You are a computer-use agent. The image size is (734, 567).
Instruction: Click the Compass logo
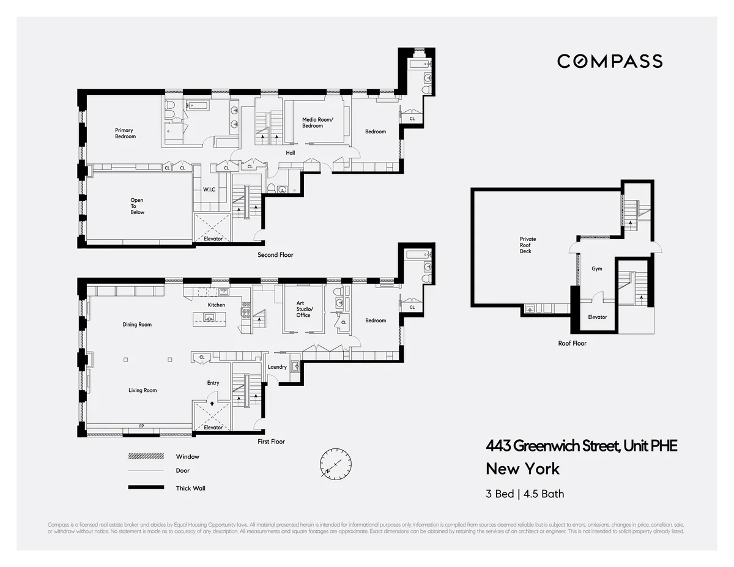pos(609,61)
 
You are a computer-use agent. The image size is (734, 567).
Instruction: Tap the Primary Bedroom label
pos(125,133)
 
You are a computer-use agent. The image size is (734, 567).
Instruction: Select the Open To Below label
pos(137,206)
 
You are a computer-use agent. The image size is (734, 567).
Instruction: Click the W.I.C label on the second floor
pos(209,190)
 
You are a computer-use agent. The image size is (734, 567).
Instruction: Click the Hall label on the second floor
pos(290,153)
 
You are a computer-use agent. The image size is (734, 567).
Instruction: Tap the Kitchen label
pos(216,305)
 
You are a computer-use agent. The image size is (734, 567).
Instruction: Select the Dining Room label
pos(137,325)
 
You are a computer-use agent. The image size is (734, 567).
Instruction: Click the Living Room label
pos(143,390)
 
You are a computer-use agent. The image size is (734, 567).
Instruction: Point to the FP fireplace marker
pos(141,426)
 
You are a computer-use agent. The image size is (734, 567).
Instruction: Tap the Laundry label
pos(277,367)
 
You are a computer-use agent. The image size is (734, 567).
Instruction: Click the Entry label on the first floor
pos(213,383)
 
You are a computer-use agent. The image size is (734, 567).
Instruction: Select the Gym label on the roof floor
pos(597,269)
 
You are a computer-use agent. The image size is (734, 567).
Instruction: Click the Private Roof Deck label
pos(528,245)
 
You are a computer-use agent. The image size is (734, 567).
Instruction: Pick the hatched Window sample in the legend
pos(146,456)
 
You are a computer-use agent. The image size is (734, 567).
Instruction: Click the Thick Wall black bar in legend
pos(146,487)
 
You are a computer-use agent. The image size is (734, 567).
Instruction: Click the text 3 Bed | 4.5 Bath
pos(525,494)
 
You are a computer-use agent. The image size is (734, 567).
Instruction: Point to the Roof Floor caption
pos(572,343)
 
